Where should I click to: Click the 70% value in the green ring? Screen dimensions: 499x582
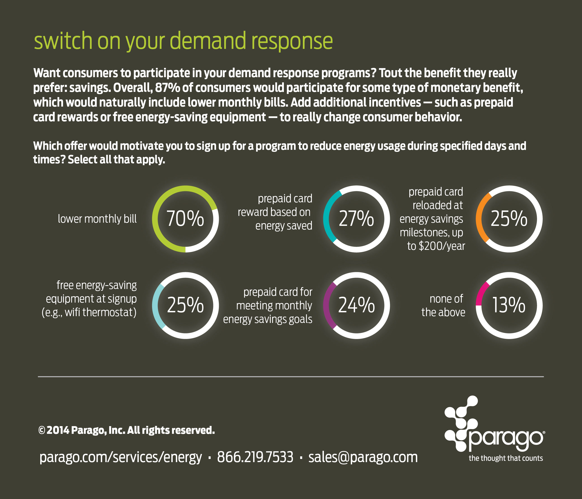point(185,219)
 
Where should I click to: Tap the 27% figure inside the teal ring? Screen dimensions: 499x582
point(356,219)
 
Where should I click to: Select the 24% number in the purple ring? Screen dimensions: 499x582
point(356,305)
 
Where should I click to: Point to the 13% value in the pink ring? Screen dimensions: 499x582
point(509,305)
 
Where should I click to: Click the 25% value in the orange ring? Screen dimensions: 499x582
point(509,219)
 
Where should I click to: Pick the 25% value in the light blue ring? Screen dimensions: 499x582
point(185,305)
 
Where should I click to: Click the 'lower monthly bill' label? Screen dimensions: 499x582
point(97,219)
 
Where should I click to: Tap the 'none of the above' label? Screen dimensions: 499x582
point(443,306)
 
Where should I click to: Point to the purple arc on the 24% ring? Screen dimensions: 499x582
point(327,305)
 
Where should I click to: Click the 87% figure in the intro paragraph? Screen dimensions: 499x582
point(167,88)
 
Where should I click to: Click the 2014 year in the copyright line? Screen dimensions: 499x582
point(58,430)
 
